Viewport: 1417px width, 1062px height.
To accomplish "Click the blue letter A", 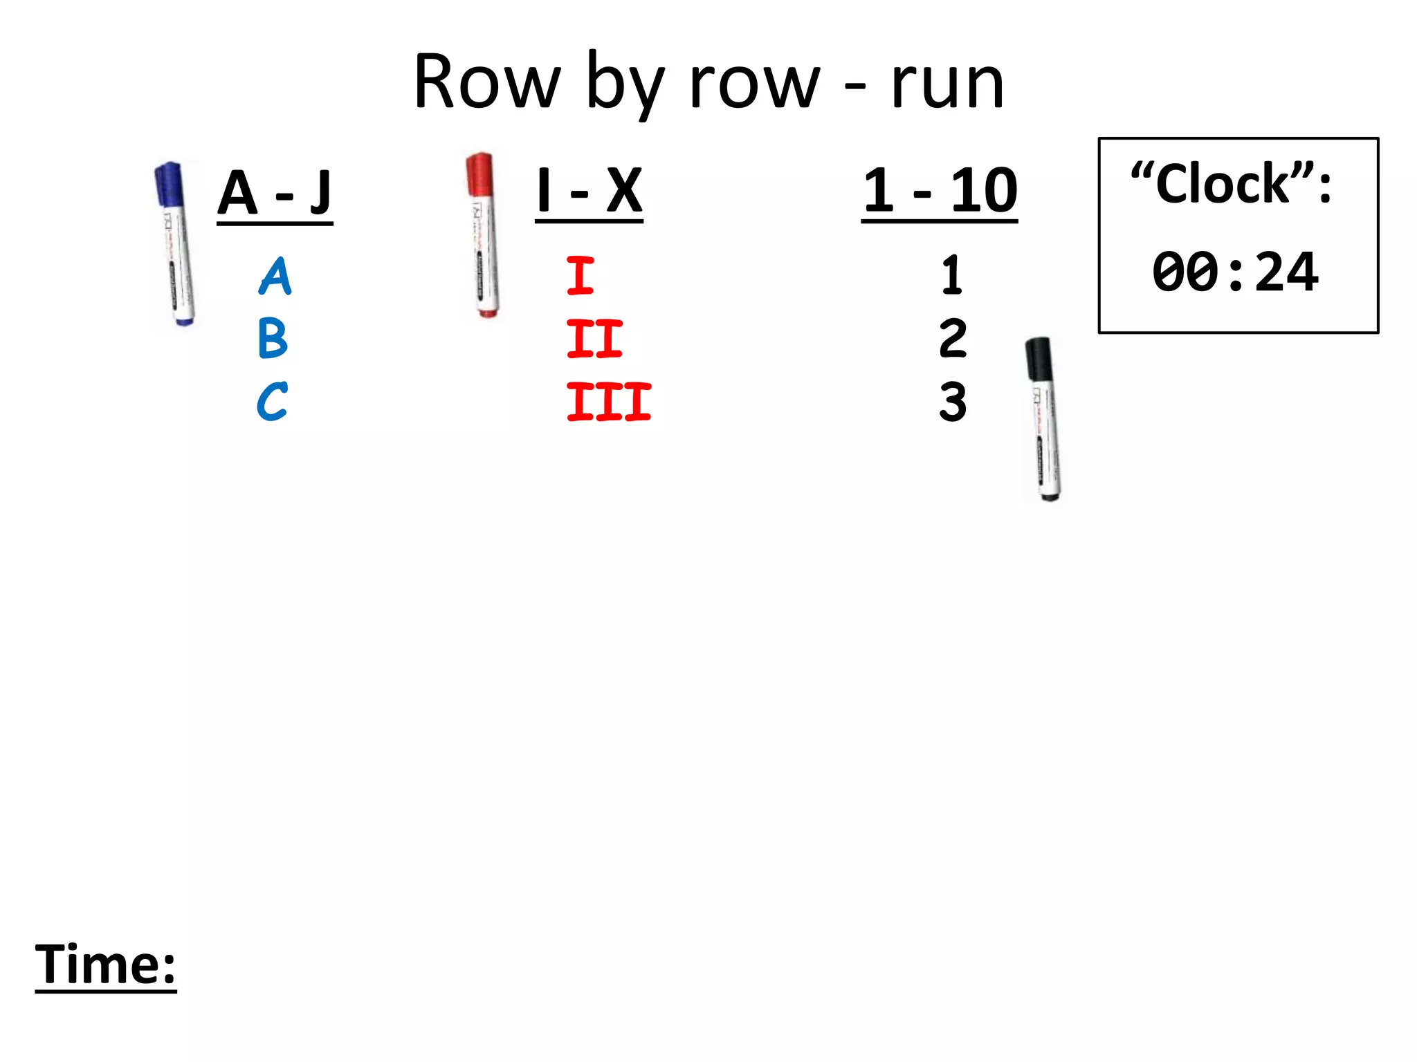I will coord(275,277).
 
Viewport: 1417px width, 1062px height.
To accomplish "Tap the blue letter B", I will coord(273,338).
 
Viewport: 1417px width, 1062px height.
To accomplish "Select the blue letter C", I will coord(272,401).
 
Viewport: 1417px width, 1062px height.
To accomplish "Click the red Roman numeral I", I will coord(580,275).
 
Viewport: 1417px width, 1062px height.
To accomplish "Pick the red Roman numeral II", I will coord(594,338).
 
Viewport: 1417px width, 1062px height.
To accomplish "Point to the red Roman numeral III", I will coord(609,402).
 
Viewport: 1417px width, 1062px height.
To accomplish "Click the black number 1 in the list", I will coord(952,275).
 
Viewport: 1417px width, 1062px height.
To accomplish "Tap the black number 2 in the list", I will coord(953,338).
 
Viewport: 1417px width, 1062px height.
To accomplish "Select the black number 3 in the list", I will coord(953,401).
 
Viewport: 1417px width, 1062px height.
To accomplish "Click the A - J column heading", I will coord(275,193).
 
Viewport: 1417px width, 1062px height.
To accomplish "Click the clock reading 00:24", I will coord(1236,272).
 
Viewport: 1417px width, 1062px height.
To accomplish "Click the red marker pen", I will coord(482,235).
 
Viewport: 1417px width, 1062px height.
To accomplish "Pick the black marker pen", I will coord(1044,419).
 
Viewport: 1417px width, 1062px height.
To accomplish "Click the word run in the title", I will coord(947,83).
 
